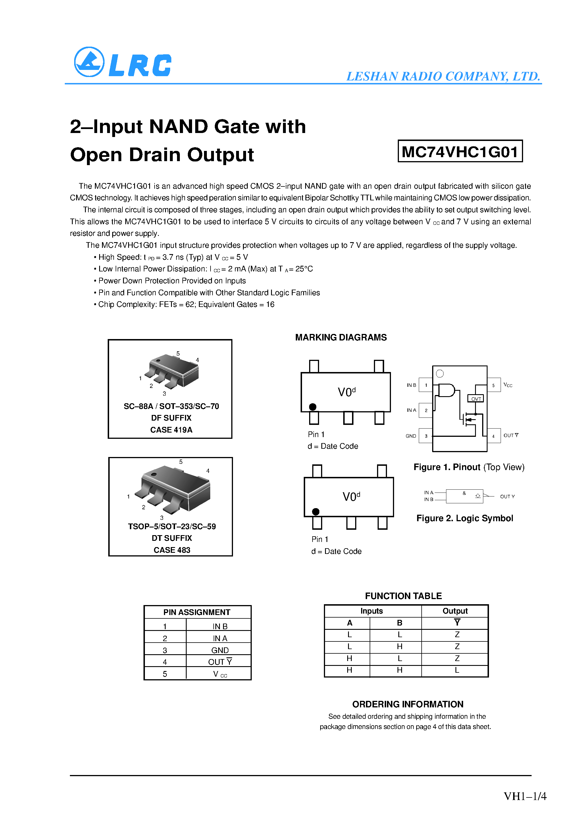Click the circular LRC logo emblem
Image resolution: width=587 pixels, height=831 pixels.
coord(89,62)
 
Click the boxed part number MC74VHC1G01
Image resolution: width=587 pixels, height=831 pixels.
coord(460,151)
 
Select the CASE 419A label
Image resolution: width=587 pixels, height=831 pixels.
coord(171,430)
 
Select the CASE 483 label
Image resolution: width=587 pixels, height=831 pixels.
coord(172,550)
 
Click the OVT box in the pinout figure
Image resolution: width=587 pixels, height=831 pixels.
coord(476,398)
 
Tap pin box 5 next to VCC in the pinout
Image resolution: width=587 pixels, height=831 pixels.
coord(493,385)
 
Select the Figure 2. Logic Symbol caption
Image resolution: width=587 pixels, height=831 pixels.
coord(464,518)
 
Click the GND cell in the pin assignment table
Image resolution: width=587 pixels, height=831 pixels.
coord(220,650)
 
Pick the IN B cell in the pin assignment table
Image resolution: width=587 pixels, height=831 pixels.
coord(220,626)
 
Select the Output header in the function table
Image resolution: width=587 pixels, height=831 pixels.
coord(455,611)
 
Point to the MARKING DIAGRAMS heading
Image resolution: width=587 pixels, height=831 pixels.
coord(341,337)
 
